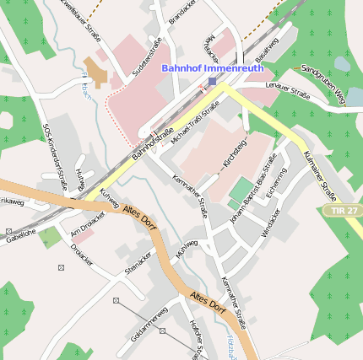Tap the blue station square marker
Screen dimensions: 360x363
pyautogui.click(x=212, y=82)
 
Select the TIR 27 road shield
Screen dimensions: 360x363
pyautogui.click(x=344, y=209)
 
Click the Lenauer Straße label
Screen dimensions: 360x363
pyautogui.click(x=288, y=92)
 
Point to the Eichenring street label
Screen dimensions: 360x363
pyautogui.click(x=276, y=183)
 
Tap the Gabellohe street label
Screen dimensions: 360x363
pyautogui.click(x=20, y=238)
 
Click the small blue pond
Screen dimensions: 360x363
pyautogui.click(x=342, y=63)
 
